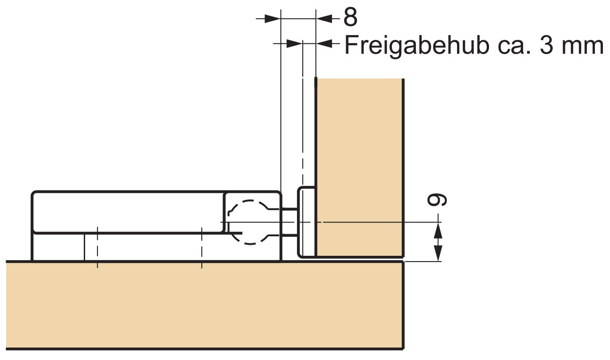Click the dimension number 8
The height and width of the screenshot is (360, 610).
(x=350, y=18)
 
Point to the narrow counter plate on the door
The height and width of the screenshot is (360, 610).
(x=306, y=222)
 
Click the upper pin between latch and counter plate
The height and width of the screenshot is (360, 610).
(x=290, y=209)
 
